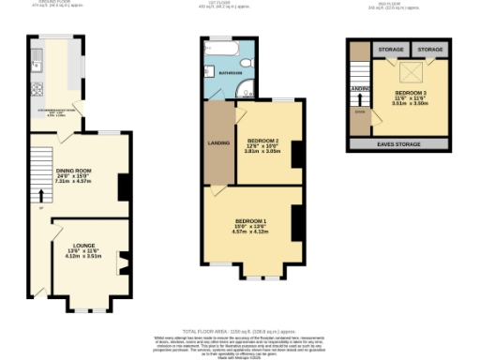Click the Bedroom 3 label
tap(411, 94)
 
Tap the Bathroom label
tap(231, 71)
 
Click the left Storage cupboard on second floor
tap(390, 48)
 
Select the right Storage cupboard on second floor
tap(429, 48)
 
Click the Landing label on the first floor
tap(218, 143)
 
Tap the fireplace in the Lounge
tap(121, 263)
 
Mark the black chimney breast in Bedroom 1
tap(295, 222)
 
